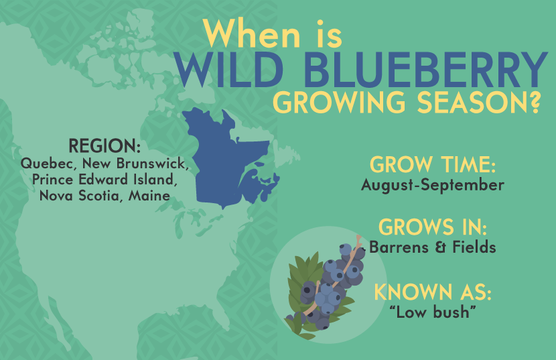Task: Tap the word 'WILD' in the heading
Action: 228,70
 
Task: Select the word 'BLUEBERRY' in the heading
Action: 425,70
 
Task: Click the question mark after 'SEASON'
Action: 534,103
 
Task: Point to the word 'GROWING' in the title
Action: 339,103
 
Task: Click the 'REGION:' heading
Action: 105,146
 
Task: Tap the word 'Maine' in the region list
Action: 149,196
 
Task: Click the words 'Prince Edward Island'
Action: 104,180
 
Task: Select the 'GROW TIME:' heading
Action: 433,165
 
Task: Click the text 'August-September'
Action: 433,185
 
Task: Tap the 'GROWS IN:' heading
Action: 433,227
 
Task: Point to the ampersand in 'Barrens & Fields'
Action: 440,247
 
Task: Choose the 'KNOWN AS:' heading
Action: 433,292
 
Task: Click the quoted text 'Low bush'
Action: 433,312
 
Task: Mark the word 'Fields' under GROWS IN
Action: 474,247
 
